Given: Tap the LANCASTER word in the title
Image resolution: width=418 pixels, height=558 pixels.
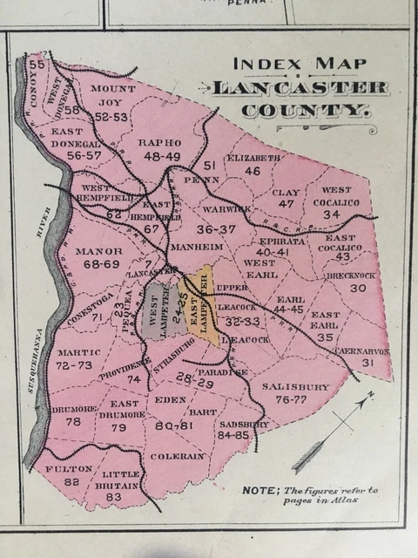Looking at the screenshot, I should coord(299,88).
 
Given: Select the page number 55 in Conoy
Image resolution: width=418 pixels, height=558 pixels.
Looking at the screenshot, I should coord(36,65).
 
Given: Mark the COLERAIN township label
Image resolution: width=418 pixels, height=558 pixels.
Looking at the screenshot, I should coord(177,455).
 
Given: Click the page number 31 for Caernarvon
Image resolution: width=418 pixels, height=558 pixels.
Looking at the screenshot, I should coord(367,362).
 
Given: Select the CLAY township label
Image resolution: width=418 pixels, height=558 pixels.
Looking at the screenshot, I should coord(287,191).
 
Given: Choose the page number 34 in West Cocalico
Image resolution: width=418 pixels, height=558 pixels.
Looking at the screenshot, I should coord(331,214).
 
